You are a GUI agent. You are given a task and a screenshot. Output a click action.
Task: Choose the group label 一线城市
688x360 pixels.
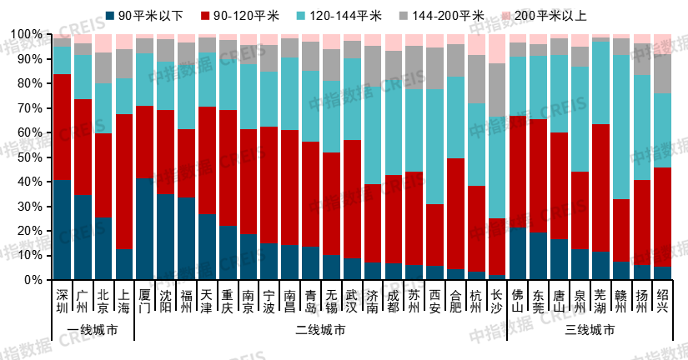[93, 331]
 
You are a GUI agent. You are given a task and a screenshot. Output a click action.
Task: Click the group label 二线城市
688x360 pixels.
[321, 331]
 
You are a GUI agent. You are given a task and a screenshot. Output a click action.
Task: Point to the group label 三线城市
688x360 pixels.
[590, 331]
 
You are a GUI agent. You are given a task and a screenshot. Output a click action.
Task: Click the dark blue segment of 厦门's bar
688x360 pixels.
[145, 228]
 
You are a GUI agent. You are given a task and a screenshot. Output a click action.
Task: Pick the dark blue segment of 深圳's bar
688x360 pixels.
[62, 229]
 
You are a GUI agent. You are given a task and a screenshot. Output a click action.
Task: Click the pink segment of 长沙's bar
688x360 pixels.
[497, 48]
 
